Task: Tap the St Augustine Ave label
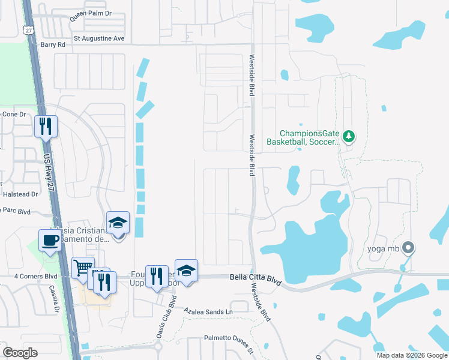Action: pos(98,38)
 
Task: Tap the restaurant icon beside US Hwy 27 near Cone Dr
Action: pos(46,126)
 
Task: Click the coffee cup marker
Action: pos(50,240)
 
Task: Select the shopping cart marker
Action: pos(83,268)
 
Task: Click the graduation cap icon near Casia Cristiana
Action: pos(118,222)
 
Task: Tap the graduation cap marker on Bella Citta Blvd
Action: pos(186,271)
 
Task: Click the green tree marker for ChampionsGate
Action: pos(348,137)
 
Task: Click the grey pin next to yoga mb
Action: pos(408,247)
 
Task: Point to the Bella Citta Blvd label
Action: pos(256,278)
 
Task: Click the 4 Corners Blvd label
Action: pos(35,277)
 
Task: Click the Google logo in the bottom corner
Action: pos(20,353)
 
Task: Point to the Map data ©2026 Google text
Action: pos(411,355)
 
